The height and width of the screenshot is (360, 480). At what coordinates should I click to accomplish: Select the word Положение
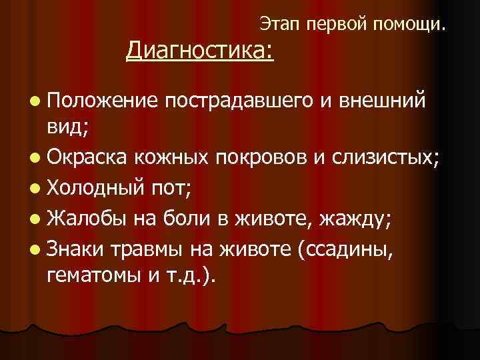(102, 101)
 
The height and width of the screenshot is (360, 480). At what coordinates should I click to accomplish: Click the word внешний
(381, 101)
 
